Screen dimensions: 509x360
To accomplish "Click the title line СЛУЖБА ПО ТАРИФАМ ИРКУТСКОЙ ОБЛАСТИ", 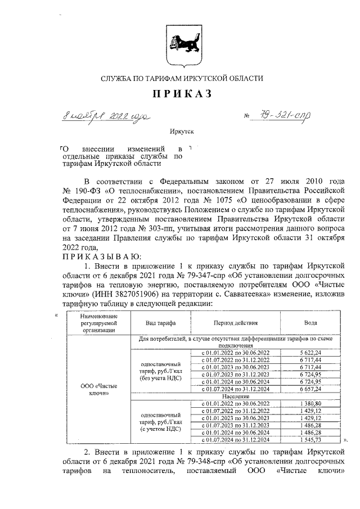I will pyautogui.click(x=181, y=78).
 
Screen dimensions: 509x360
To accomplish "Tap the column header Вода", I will pyautogui.click(x=310, y=323).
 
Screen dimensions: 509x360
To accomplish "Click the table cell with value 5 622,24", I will pyautogui.click(x=310, y=352).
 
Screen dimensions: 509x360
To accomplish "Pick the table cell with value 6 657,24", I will pyautogui.click(x=310, y=389).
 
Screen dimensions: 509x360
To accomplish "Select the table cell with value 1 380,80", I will pyautogui.click(x=310, y=404).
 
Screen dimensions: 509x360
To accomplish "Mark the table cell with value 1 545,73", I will pyautogui.click(x=310, y=440).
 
